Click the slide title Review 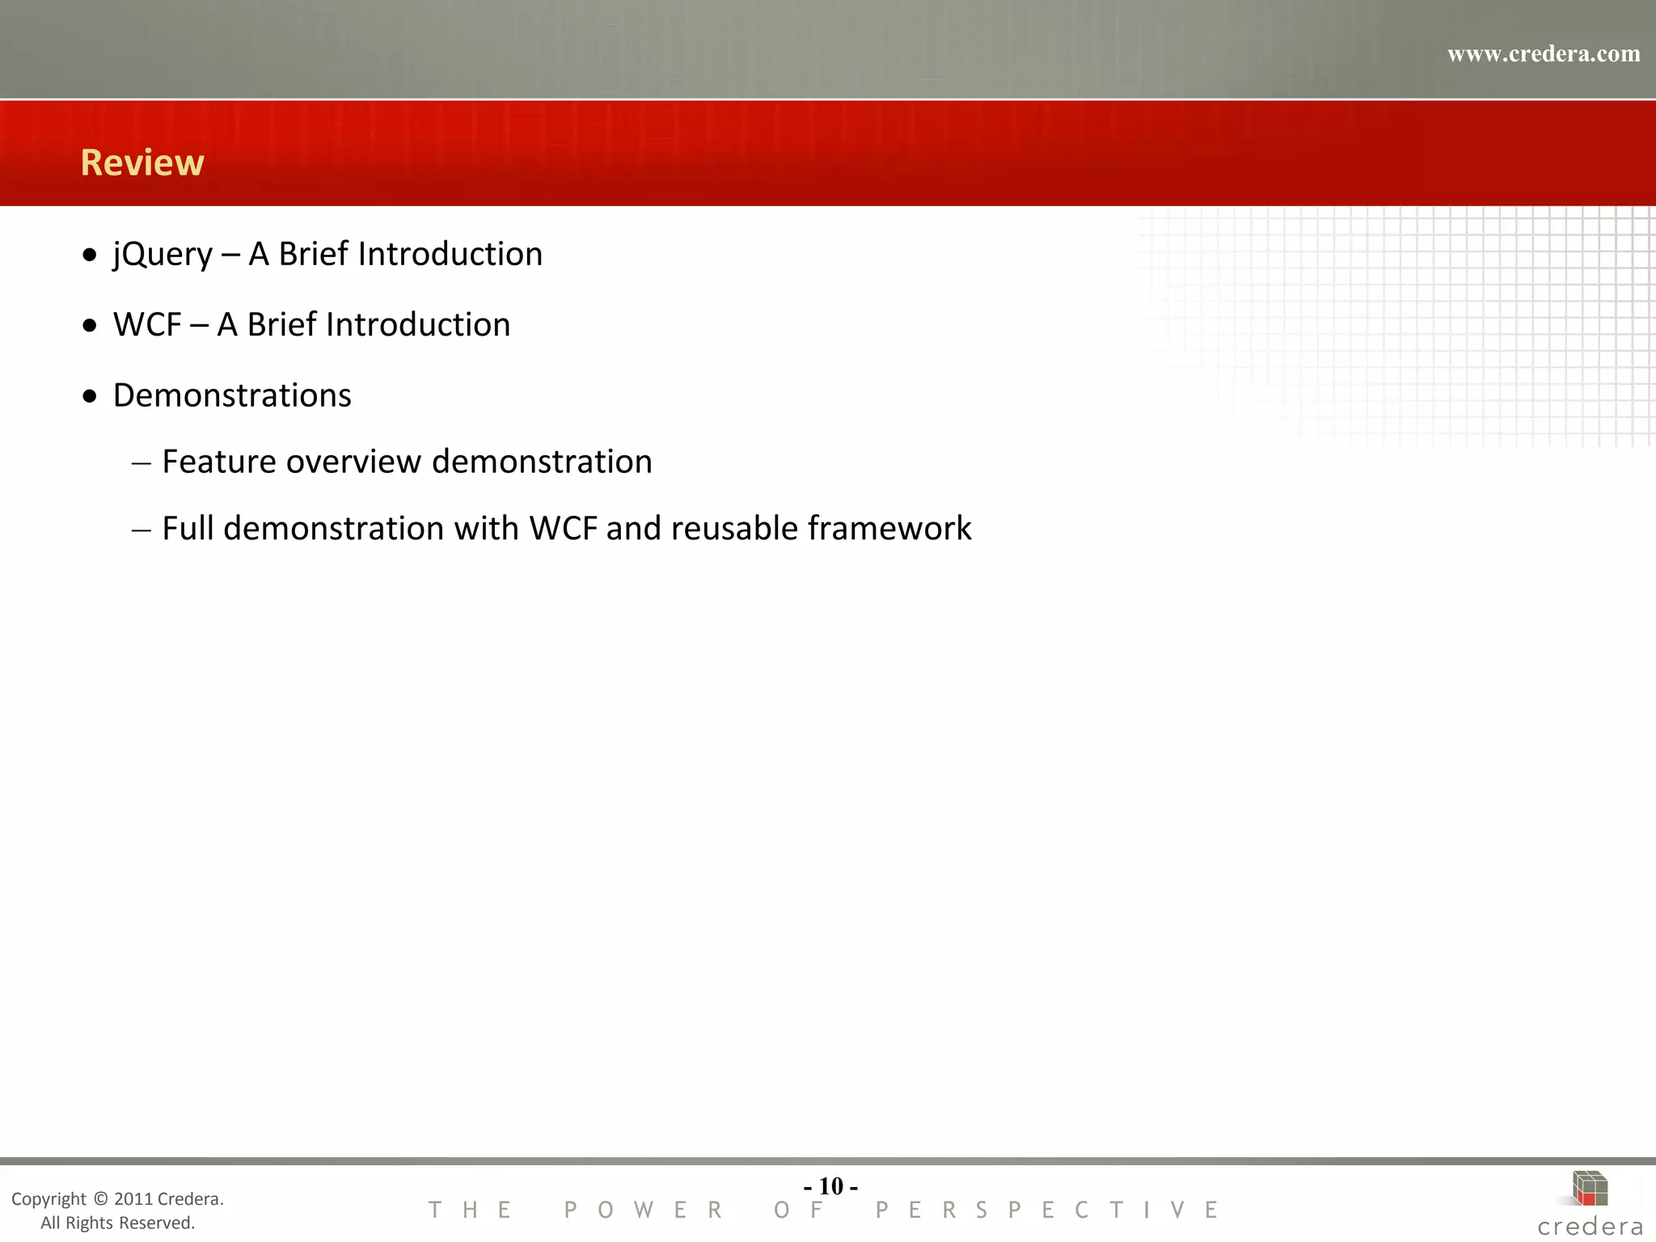pos(142,163)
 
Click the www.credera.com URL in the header pos(1543,54)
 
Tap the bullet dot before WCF pos(90,326)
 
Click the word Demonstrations pos(232,396)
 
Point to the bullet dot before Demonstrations pos(90,396)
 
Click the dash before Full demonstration pos(142,530)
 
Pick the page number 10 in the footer pos(830,1186)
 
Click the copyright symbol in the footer pos(100,1199)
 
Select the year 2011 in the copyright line pos(133,1199)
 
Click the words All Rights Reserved pos(118,1223)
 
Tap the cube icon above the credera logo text pos(1589,1189)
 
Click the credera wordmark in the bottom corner pos(1590,1227)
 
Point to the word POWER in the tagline pos(644,1210)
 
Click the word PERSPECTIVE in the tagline pos(1048,1210)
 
